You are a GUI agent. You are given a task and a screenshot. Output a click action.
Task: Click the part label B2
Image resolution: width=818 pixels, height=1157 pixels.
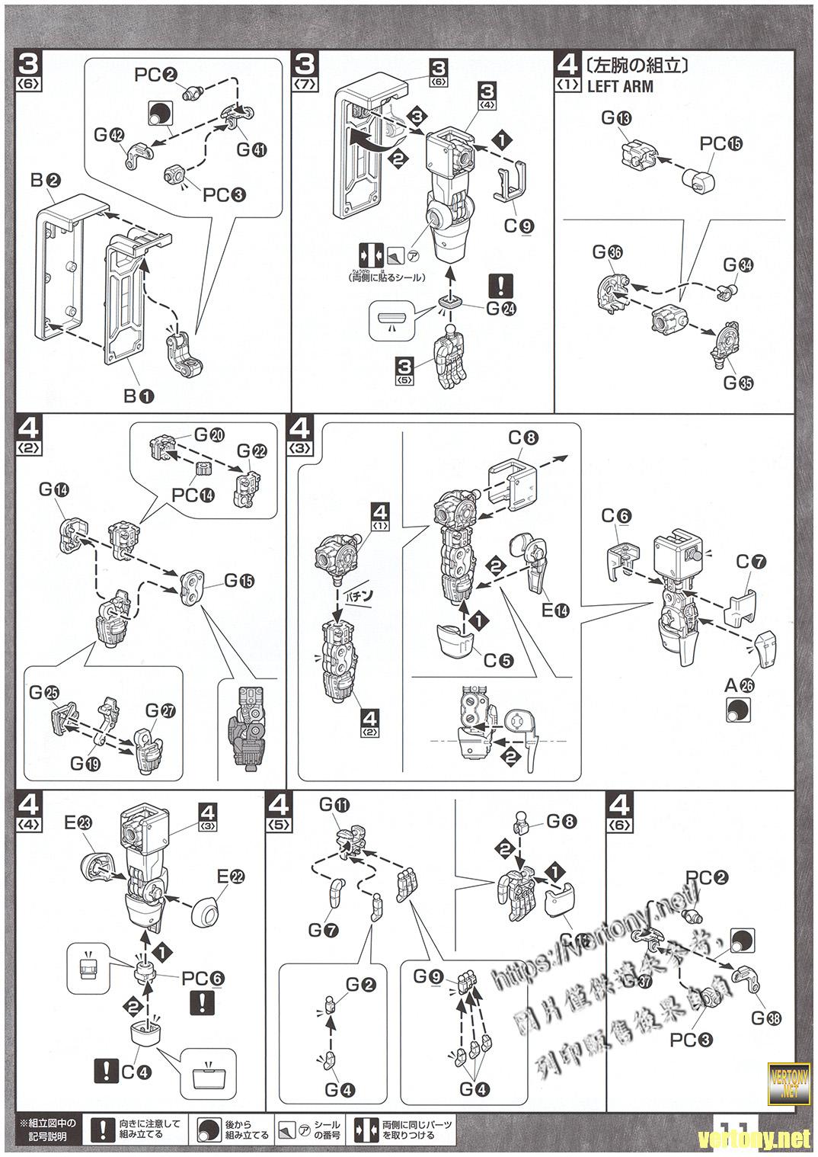tap(44, 181)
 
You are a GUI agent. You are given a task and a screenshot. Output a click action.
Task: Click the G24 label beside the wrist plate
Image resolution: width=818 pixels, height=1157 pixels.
tap(502, 309)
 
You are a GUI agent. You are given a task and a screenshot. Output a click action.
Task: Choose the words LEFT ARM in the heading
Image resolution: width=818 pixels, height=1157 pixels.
tap(620, 86)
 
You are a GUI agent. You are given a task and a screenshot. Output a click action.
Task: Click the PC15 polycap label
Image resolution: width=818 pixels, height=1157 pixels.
tap(720, 143)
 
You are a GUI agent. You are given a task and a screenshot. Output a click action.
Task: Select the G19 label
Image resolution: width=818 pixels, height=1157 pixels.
tap(86, 761)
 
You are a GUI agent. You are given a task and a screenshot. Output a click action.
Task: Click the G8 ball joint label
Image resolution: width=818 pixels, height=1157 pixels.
tap(560, 822)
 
